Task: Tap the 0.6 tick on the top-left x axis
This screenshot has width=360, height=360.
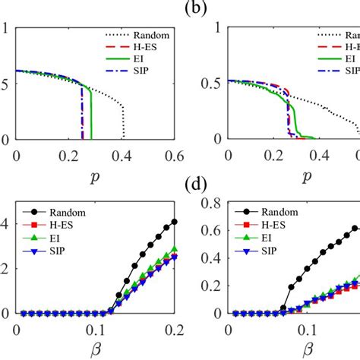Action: click(174, 156)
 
